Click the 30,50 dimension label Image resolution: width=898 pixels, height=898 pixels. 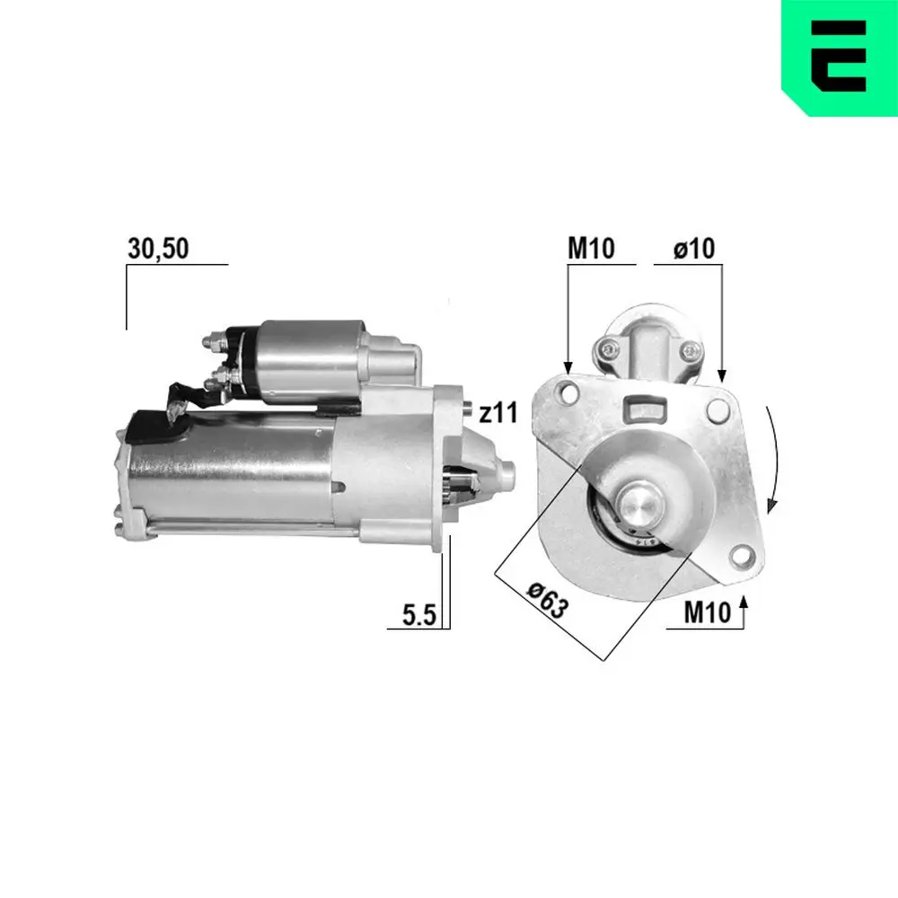tap(158, 250)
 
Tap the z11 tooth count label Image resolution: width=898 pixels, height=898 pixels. tap(497, 414)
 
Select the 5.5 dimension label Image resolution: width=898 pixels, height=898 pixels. tap(418, 615)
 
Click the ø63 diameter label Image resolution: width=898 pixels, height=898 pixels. tap(548, 599)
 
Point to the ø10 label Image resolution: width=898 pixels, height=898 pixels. tap(694, 250)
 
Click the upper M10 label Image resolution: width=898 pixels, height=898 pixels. tap(590, 250)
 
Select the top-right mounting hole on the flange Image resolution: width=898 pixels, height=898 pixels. tap(718, 409)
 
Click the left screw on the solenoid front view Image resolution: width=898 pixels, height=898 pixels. tap(611, 348)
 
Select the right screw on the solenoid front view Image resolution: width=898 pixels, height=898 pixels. tap(689, 351)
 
